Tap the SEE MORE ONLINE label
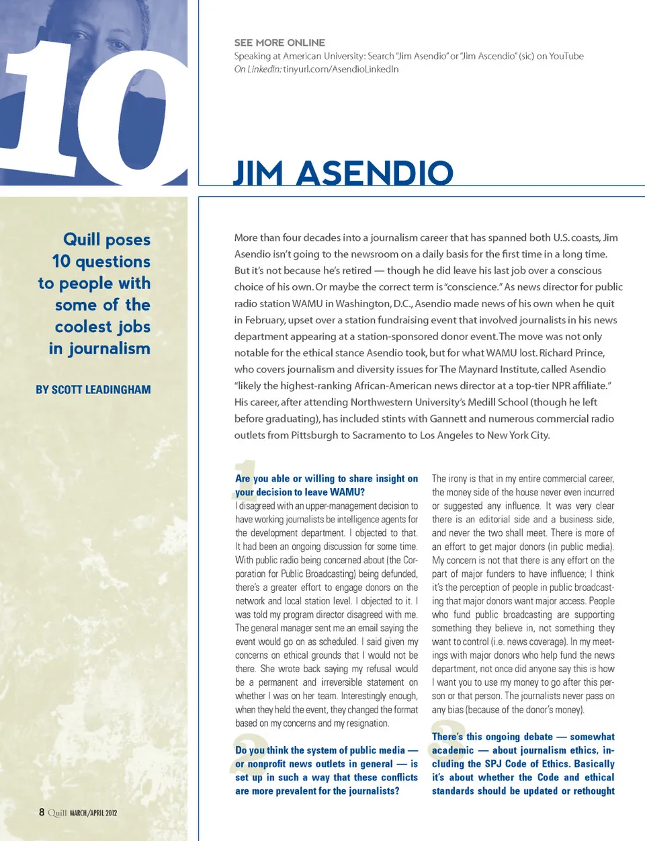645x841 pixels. point(279,42)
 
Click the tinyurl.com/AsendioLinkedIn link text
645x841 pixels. point(341,69)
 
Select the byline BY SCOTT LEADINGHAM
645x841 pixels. point(93,390)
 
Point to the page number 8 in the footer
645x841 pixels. point(42,812)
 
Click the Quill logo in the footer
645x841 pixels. point(57,813)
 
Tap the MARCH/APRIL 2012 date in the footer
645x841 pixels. point(93,813)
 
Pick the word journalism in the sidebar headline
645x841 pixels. point(109,349)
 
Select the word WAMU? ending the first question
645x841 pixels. point(347,492)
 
